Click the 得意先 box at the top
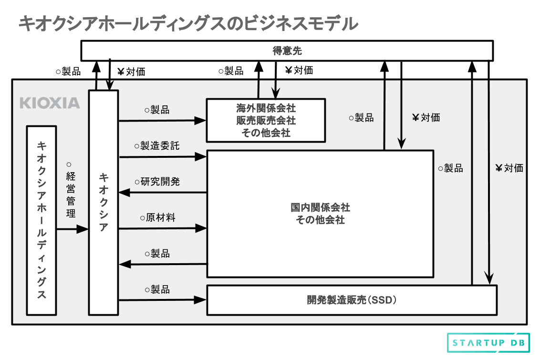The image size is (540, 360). coord(287,51)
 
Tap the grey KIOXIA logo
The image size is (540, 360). coord(50,103)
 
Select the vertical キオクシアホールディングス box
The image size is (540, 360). coord(42,220)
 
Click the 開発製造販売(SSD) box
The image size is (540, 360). coord(352,300)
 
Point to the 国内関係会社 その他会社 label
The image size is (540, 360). coord(320,214)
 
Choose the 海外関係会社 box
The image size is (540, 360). coord(266,120)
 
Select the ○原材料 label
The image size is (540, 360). coord(157,217)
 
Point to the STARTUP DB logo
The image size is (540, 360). coord(488,343)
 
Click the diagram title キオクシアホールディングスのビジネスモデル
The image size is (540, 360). coord(188,23)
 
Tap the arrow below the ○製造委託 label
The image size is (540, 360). coord(162,156)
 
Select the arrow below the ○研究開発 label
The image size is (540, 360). coord(162,193)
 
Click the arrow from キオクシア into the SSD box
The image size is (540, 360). coord(162,300)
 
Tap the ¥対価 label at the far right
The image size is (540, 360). coord(509,168)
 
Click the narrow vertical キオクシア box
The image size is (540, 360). coord(104,202)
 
